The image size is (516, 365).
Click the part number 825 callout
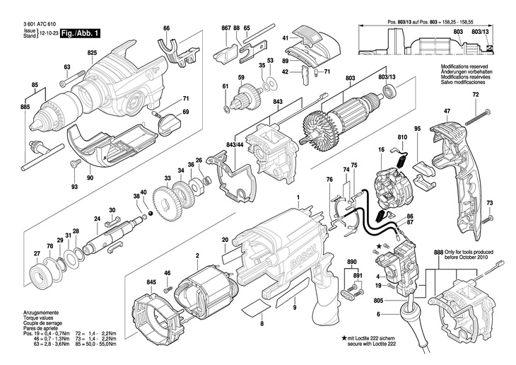pos(92,53)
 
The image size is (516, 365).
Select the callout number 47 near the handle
pos(447,111)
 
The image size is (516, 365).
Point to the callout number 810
pos(403,136)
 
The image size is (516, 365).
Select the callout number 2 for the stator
pos(198,255)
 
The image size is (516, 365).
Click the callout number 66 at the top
pos(166,28)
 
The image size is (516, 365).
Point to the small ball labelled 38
pos(150,214)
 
